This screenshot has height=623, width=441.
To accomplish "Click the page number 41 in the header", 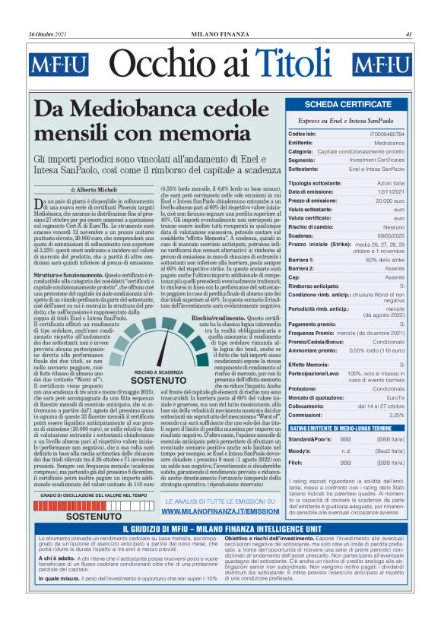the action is pyautogui.click(x=409, y=34).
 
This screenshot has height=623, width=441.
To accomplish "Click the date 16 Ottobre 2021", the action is pyautogui.click(x=48, y=34).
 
